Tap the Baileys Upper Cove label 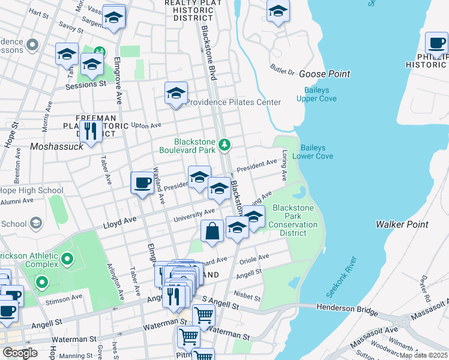coord(315,94)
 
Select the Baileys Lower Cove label coord(313,152)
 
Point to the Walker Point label coord(402,224)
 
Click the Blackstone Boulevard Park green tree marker coord(224,145)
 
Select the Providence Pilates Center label coord(233,102)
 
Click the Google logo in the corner coord(20,353)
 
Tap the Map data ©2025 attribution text coord(423,355)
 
